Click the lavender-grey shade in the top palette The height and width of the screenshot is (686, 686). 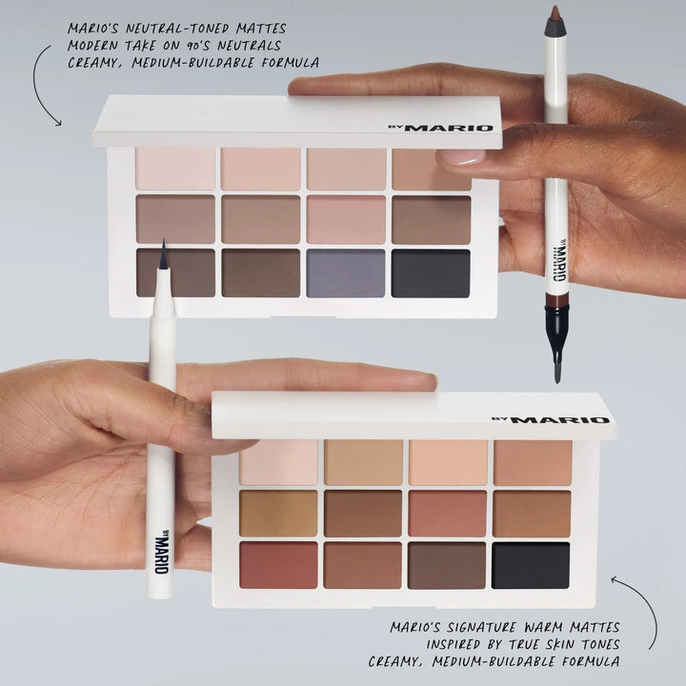346,273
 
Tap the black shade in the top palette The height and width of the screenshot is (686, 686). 431,273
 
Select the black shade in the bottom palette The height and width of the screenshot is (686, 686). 532,565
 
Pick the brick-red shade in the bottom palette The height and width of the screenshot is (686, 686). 278,565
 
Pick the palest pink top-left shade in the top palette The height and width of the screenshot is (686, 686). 175,169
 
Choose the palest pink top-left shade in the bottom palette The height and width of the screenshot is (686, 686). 278,461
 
